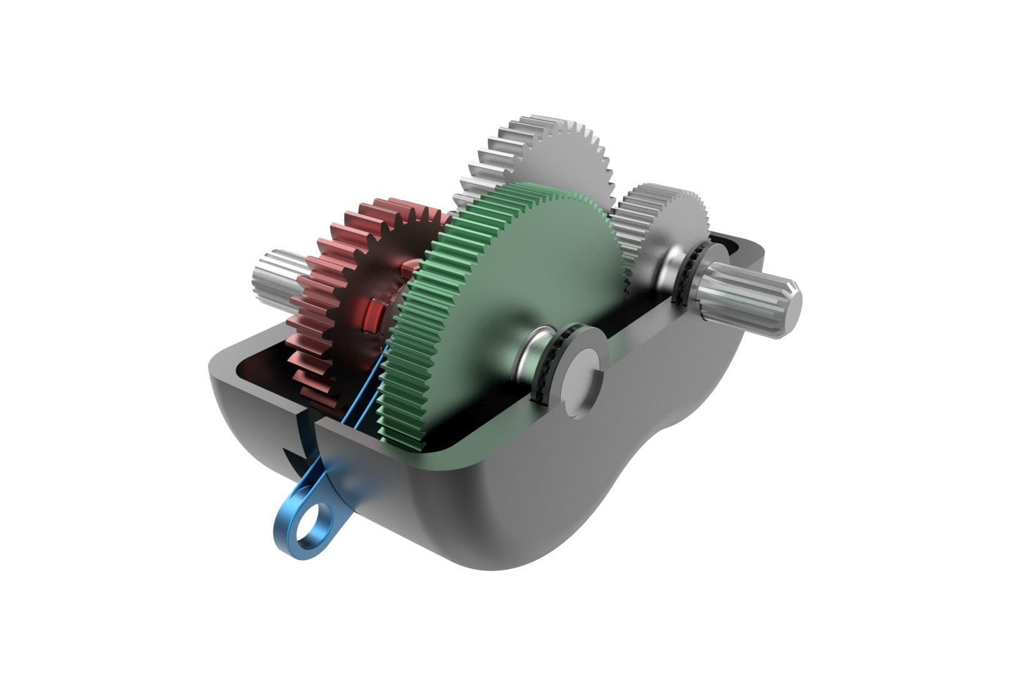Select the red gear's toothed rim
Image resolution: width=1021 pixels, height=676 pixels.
pos(316,294)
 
